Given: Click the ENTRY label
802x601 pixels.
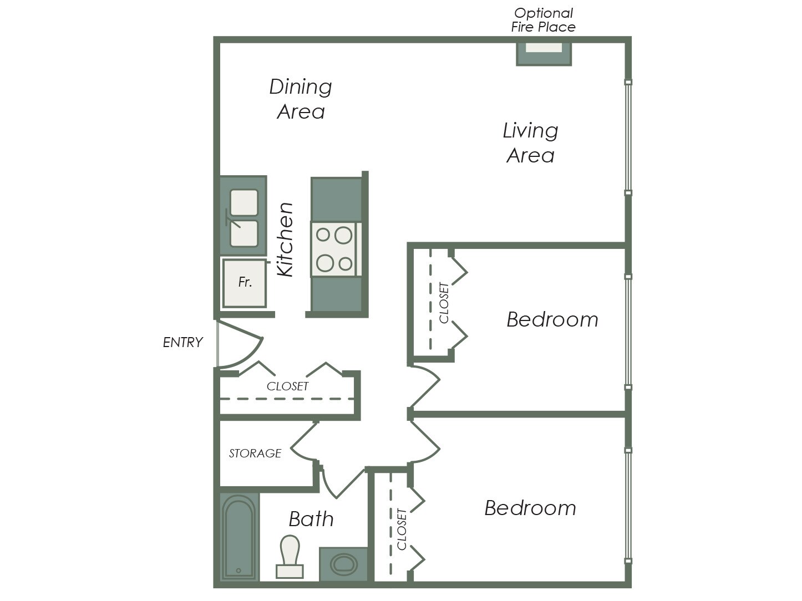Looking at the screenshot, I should (x=182, y=343).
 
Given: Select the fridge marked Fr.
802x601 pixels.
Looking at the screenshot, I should (x=245, y=283).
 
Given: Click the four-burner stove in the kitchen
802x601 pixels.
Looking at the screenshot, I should (x=335, y=249).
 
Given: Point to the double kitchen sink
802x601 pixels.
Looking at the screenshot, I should (x=243, y=217).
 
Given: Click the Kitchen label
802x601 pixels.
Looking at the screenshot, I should (x=285, y=240).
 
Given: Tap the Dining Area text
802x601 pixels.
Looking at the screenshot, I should (x=301, y=99).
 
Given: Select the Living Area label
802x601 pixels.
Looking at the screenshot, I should (x=530, y=143).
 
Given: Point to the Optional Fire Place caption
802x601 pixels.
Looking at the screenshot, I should (x=543, y=20).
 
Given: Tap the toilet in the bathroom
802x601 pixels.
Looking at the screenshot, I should (x=290, y=556).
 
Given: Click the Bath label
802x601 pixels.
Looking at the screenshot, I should (x=311, y=519).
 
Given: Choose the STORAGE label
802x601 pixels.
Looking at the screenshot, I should (x=255, y=454).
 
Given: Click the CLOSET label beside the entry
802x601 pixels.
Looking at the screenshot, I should (x=287, y=386).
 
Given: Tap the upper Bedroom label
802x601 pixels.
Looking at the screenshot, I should (x=552, y=320).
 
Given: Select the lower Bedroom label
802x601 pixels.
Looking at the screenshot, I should (x=530, y=508).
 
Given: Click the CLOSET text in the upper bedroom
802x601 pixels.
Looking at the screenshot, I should (x=444, y=303).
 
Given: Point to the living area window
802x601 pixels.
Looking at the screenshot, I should (x=628, y=137).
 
